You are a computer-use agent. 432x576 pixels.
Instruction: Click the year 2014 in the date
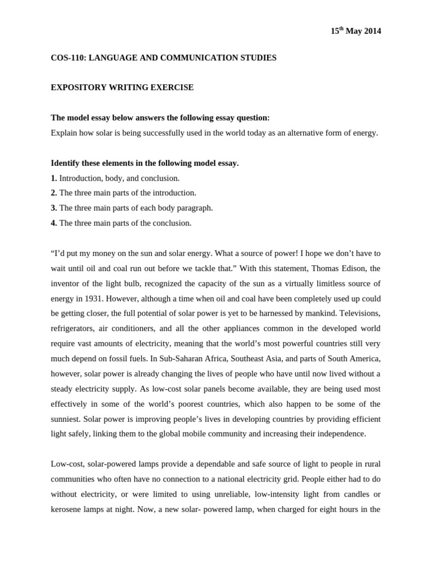pos(372,31)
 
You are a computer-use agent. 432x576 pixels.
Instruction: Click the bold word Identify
pos(66,163)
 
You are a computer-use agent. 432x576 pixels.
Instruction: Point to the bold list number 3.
pos(53,208)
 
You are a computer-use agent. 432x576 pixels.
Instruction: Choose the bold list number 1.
pos(53,178)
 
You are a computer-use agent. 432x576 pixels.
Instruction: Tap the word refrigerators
pos(72,328)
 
